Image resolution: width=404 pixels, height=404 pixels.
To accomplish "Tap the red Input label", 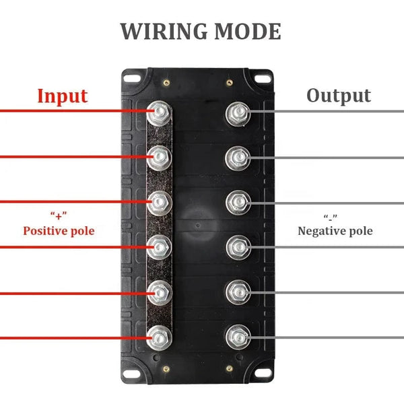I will [62, 96].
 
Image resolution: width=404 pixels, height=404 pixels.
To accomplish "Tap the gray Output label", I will [339, 96].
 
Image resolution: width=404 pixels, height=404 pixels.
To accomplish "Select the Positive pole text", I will [59, 231].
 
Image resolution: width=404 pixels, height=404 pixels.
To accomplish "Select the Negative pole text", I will [335, 231].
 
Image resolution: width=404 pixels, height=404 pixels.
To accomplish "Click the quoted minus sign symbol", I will [330, 216].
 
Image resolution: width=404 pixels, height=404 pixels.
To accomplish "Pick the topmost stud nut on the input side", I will [160, 111].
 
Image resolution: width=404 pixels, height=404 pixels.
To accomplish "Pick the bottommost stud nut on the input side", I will [160, 335].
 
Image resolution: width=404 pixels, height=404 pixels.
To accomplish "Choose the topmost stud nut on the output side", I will [236, 111].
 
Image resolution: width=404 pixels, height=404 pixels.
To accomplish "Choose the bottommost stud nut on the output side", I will [236, 335].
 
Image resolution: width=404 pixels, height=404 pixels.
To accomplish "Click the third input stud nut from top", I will [160, 201].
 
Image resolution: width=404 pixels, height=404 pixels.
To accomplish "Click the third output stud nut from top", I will [236, 201].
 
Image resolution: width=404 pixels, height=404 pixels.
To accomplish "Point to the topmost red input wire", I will [67, 111].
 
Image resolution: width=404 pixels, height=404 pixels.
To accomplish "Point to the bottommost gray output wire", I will [330, 335].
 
